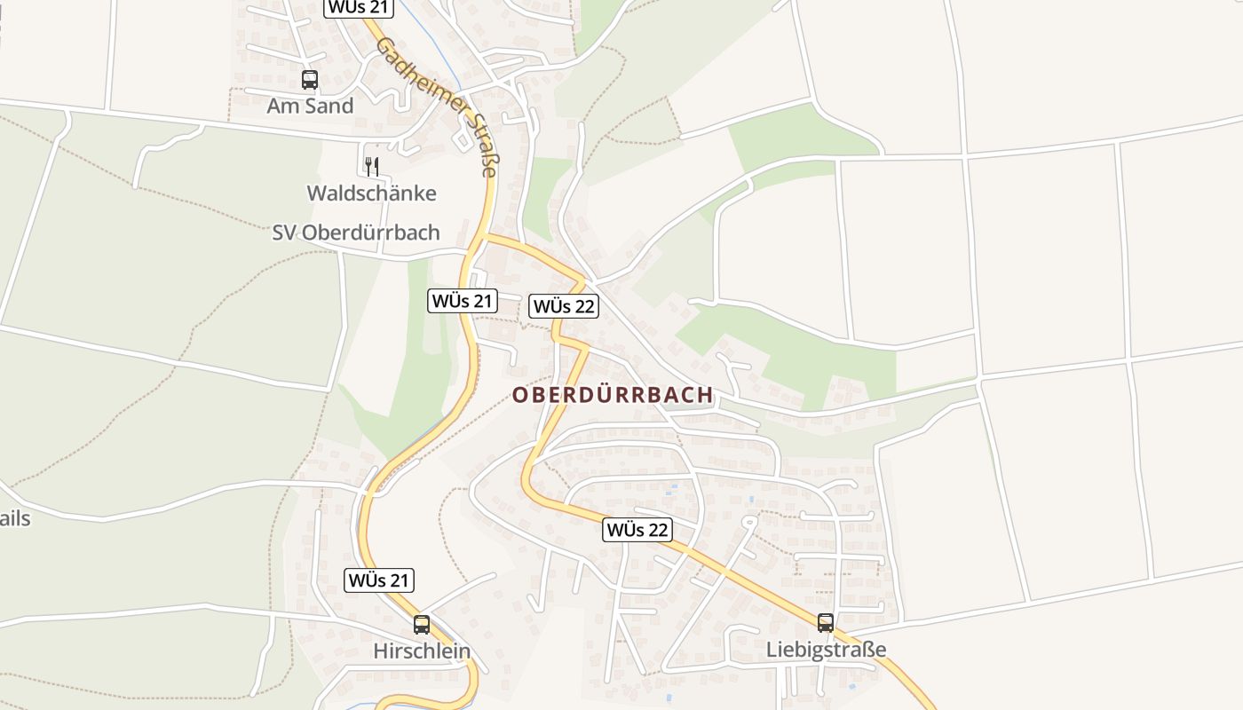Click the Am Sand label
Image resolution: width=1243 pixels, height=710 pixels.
(310, 106)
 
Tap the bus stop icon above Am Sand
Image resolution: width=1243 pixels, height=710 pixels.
(309, 80)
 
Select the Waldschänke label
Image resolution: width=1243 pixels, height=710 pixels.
(371, 193)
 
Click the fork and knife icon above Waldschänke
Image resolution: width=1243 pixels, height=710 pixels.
(372, 165)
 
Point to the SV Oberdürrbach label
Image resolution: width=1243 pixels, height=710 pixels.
(355, 233)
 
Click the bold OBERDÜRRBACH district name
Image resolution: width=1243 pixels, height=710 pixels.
(613, 396)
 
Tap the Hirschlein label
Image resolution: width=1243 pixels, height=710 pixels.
(421, 651)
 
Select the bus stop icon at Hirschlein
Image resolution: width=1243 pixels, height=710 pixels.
(421, 625)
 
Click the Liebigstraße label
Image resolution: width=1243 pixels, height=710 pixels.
(826, 650)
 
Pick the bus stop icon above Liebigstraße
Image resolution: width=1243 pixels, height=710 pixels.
(826, 623)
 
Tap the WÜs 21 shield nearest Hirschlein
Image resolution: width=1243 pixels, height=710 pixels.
(379, 581)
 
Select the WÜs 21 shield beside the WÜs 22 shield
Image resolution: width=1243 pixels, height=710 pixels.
(462, 301)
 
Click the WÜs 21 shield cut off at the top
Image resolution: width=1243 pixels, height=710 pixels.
(358, 7)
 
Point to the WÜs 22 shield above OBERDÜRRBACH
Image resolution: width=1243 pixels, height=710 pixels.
(564, 307)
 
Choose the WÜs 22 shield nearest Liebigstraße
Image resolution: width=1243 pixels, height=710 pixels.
(637, 530)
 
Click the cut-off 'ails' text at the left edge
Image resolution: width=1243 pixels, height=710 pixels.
(14, 518)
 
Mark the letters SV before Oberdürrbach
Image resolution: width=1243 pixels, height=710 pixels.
(283, 233)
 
